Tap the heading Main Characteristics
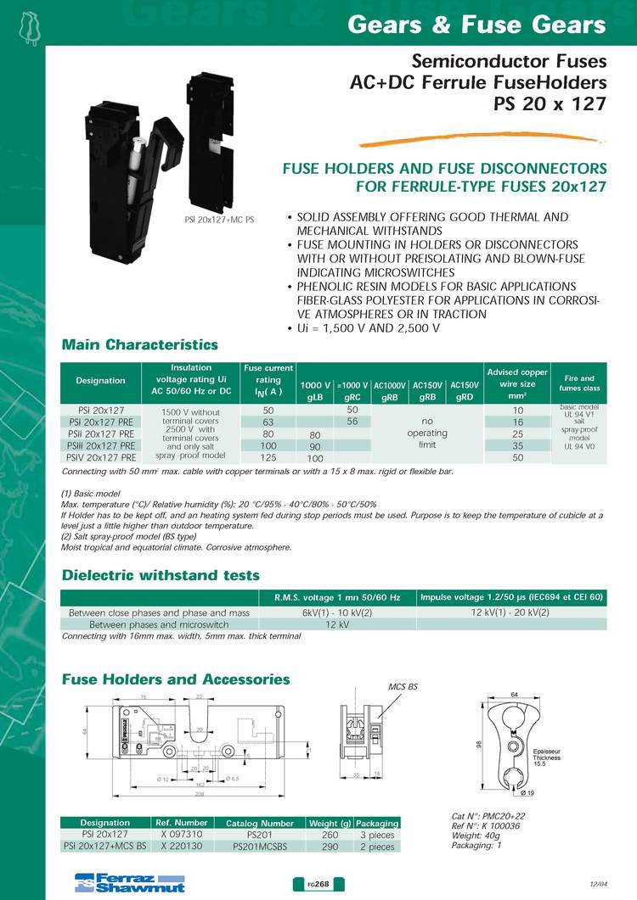140,345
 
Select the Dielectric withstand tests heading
161,575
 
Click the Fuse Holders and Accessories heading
176,679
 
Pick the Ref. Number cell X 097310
180,835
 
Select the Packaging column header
376,823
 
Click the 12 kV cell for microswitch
339,624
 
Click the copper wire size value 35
518,445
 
